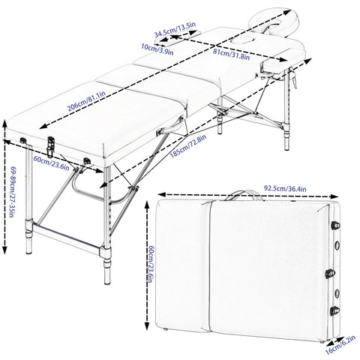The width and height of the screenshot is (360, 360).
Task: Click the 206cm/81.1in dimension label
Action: pos(86,101)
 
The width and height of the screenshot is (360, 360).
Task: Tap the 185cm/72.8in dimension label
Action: pos(188,146)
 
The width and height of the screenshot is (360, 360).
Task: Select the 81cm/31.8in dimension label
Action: pos(231,54)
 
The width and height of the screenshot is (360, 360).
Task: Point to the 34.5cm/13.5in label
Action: pos(175,29)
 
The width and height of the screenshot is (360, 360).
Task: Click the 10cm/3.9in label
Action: pos(157,49)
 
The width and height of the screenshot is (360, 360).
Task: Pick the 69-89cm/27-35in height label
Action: pos(12,193)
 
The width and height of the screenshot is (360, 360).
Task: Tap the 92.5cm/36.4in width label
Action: pos(285,188)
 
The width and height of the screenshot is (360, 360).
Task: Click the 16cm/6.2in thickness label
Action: pos(340,345)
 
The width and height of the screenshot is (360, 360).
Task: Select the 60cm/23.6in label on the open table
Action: pos(51,163)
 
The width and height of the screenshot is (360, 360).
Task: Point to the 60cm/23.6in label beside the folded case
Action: pos(151,264)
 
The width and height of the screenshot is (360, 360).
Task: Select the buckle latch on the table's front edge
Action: pos(50,147)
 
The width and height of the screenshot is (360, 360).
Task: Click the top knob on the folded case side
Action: pos(335,226)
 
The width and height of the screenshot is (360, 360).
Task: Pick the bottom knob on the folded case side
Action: pos(334,310)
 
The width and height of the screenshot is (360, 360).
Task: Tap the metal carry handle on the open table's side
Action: pos(170,127)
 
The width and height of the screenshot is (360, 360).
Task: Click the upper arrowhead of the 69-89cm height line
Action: pos(5,124)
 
